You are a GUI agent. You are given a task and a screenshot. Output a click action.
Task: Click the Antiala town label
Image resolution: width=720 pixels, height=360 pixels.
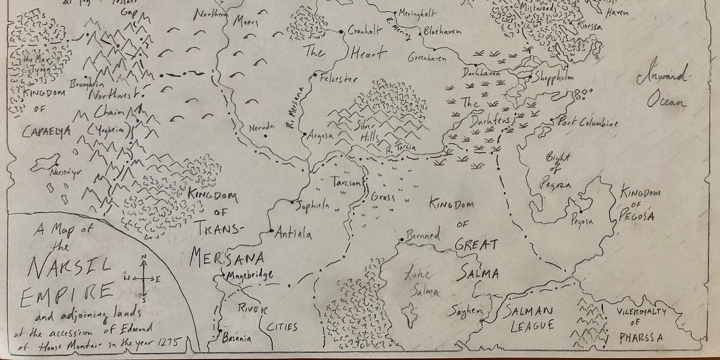tap(293, 235)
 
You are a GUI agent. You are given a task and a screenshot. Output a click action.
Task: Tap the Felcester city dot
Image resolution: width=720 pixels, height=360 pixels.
tap(314, 77)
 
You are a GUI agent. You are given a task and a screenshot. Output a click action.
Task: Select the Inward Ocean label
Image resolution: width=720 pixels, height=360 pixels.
tap(665, 90)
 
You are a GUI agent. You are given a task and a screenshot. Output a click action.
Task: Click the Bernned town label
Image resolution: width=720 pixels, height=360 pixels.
tap(424, 233)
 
